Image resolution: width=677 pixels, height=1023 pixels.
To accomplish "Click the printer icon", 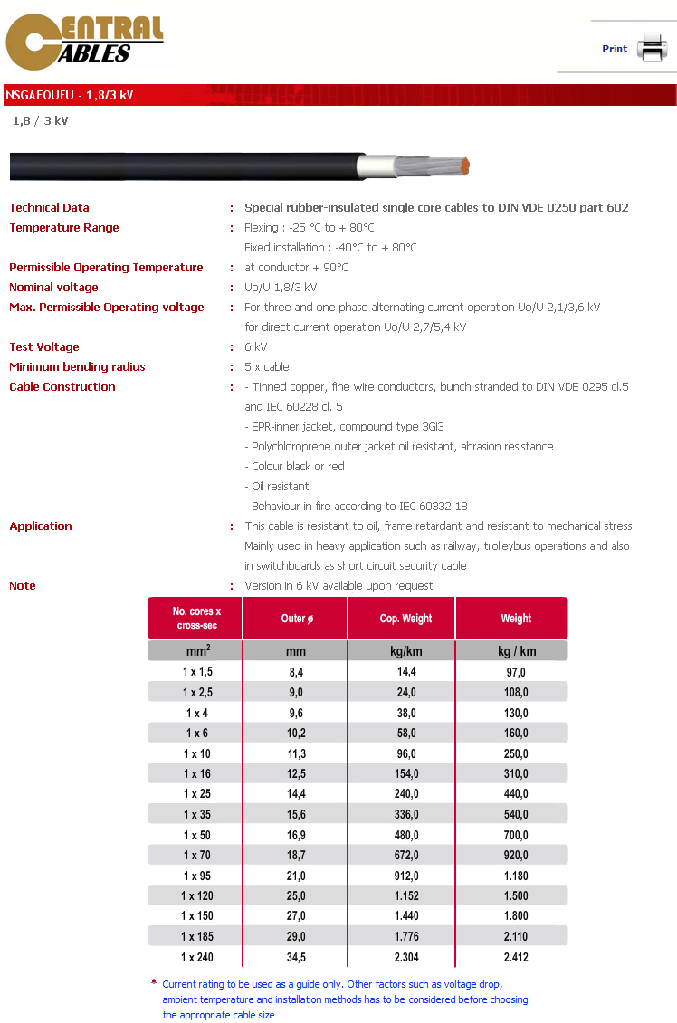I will (651, 46).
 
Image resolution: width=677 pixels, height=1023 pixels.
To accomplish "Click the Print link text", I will (615, 49).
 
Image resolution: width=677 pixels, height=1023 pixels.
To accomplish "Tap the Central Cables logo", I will (84, 43).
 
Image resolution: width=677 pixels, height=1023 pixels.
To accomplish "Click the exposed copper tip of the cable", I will (466, 167).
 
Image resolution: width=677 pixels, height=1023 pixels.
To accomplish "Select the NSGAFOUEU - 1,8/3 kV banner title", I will (70, 95).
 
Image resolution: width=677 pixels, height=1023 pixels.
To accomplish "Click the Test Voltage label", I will (44, 347).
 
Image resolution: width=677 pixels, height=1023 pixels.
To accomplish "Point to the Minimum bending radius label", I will (77, 367).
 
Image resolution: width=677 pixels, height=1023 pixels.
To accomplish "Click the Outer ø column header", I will (295, 619).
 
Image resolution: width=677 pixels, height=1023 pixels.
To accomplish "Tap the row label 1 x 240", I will (197, 957).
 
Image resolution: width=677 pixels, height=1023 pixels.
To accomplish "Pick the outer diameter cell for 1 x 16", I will (295, 773).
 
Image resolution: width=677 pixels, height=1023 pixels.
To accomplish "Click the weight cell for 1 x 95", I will (515, 876).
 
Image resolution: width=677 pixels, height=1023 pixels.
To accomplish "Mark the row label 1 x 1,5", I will (197, 672).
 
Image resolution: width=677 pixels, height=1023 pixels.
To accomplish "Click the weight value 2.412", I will (515, 957).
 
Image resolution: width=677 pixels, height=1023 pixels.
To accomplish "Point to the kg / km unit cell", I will (517, 651).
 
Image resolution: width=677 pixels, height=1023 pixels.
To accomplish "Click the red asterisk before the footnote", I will (154, 982).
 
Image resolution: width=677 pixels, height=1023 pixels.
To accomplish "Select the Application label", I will (41, 526).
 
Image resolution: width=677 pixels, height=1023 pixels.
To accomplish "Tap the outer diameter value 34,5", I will (295, 957).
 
